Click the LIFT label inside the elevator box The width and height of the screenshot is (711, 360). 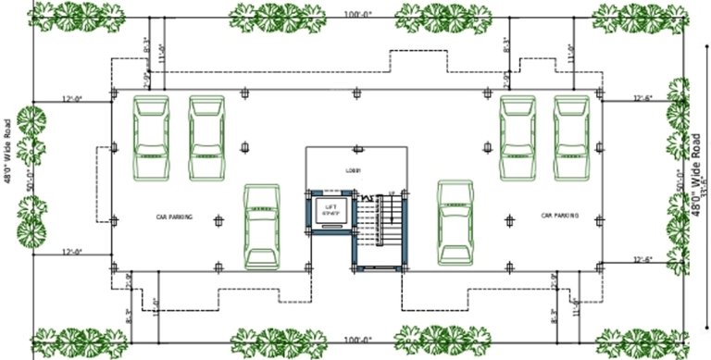coord(330,205)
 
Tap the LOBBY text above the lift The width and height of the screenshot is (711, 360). coord(352,170)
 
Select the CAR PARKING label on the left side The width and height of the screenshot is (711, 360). coord(174,217)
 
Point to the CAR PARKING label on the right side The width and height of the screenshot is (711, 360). coord(560,216)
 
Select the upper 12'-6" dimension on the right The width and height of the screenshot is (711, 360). coord(643,97)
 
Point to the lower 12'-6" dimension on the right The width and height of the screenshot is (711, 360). coord(643,259)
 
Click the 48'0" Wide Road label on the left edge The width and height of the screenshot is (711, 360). coord(7,150)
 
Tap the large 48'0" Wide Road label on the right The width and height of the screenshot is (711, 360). coord(695,174)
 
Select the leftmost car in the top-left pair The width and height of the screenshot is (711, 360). coord(152,138)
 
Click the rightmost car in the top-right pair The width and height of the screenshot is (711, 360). coord(571,138)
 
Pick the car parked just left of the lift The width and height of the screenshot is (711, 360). coord(262,225)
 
